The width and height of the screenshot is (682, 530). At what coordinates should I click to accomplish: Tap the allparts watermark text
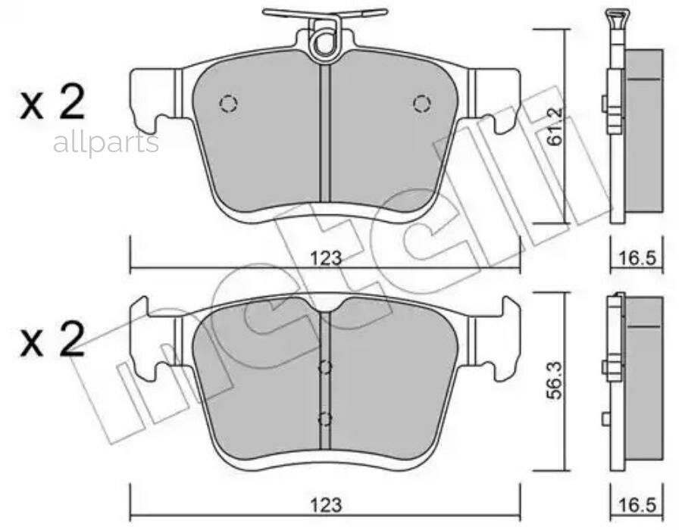click(x=106, y=143)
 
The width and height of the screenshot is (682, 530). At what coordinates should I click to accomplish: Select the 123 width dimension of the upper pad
click(x=325, y=257)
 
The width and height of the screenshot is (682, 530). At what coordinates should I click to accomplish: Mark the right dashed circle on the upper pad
click(x=421, y=103)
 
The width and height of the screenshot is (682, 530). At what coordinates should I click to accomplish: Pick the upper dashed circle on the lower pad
click(x=325, y=368)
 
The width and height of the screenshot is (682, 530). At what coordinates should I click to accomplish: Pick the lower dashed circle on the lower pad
click(x=325, y=419)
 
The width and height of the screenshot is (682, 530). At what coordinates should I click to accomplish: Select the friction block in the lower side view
click(x=643, y=379)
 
